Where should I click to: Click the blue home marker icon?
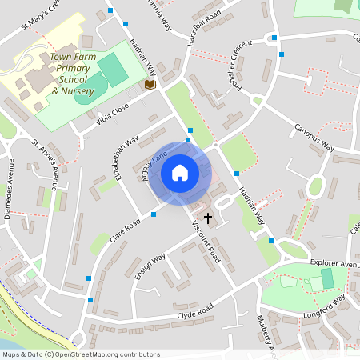click(180, 172)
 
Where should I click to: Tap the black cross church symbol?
click(209, 217)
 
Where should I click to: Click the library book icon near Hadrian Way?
click(150, 83)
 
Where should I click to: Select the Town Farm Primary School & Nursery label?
click(73, 74)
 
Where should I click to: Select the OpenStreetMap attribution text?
click(81, 354)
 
